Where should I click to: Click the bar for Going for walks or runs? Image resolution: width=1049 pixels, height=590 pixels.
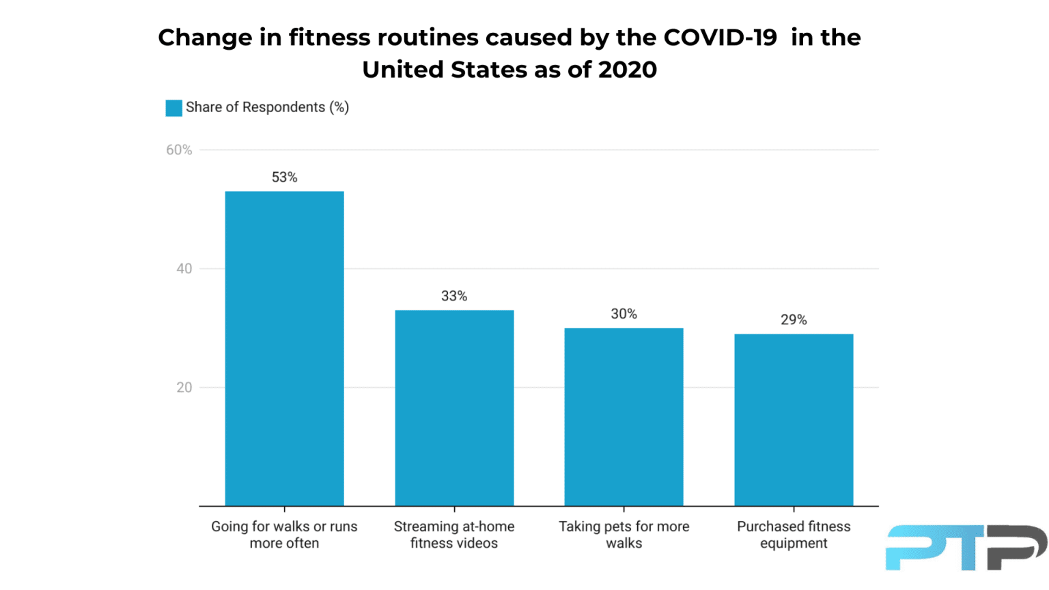click(x=284, y=348)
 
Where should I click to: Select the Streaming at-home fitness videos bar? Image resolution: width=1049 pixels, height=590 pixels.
click(x=454, y=408)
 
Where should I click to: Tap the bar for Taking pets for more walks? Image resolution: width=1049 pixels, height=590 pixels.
click(x=624, y=417)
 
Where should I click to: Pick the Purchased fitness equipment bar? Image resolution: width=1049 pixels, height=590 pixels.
click(x=794, y=419)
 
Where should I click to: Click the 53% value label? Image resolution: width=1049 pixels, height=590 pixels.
click(x=284, y=178)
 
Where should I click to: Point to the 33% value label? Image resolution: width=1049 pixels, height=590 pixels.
click(x=454, y=296)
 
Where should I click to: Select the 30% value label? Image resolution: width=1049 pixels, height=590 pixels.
click(x=624, y=314)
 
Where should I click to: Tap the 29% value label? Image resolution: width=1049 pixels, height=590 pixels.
click(x=794, y=320)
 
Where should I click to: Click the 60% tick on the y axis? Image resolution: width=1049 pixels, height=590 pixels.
click(x=179, y=150)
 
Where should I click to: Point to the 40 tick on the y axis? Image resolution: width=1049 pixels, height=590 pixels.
click(x=184, y=269)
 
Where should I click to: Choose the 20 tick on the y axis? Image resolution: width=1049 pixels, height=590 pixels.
click(x=184, y=388)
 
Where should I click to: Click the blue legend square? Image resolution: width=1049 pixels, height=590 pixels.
click(x=173, y=108)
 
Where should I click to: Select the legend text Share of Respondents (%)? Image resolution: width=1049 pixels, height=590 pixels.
click(x=267, y=107)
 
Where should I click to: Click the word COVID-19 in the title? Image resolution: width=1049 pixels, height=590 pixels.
click(x=720, y=38)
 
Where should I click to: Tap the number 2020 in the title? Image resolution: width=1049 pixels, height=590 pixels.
click(x=627, y=70)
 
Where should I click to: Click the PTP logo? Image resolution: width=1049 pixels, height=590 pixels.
click(x=966, y=547)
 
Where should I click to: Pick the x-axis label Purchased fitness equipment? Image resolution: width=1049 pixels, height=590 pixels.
click(x=794, y=535)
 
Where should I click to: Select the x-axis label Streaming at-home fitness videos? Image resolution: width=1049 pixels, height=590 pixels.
click(x=454, y=535)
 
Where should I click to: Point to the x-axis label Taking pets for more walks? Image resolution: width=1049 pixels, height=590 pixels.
click(x=624, y=535)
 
